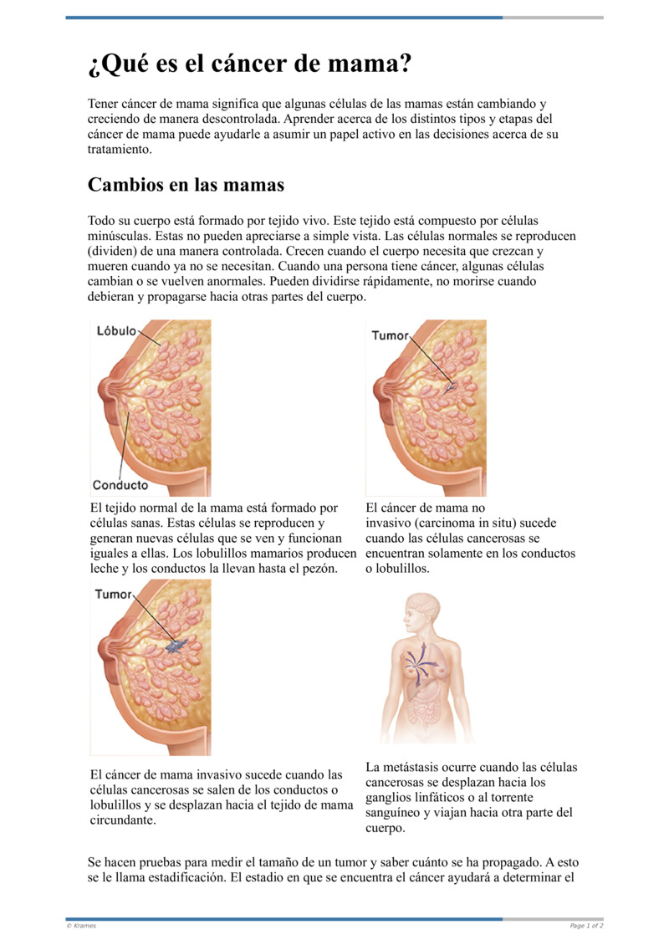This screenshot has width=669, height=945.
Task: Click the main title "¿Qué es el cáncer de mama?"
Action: point(249,64)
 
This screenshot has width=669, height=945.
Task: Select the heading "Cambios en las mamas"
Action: point(186,184)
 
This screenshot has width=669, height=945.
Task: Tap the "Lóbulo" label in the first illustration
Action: point(115,331)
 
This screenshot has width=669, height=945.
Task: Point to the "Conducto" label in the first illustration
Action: point(120,485)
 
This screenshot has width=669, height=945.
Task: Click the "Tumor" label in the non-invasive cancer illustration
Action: point(390,335)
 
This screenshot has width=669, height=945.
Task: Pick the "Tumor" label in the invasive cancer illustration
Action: point(113,595)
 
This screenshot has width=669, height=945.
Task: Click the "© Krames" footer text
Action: point(81,926)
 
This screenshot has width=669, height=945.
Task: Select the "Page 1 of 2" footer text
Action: point(586,926)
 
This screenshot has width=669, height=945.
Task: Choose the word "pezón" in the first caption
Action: point(319,569)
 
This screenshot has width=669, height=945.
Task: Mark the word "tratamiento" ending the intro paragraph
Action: point(120,150)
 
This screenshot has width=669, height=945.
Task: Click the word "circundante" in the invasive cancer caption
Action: point(124,820)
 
